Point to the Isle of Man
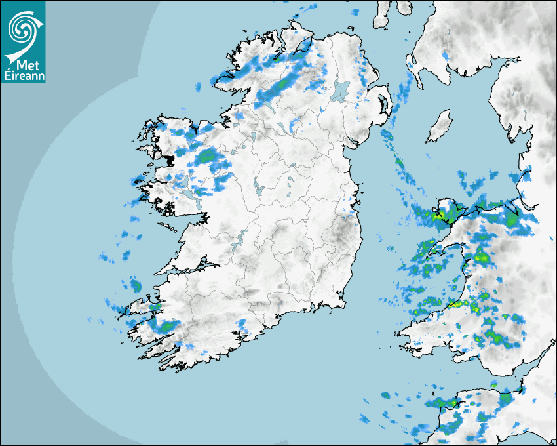click(439, 127)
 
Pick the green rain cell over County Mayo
click(207, 156)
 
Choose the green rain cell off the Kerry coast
click(136, 285)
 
